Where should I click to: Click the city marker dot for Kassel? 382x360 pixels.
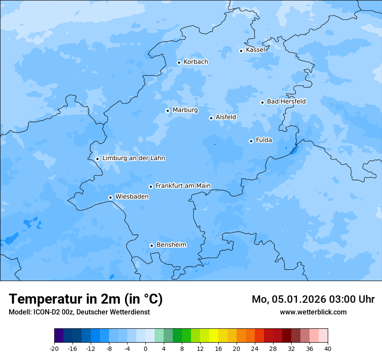coord(241,51)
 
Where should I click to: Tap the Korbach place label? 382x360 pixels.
coord(196,62)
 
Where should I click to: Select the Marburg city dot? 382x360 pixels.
coord(168,111)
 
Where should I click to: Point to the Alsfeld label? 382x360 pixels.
coord(226,117)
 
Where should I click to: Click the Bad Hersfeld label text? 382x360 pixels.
coord(286,101)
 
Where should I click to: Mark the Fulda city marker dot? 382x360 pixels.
coord(251,141)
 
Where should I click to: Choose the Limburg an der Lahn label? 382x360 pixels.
coord(133,158)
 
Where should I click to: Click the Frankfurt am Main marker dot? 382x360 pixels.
coord(151,187)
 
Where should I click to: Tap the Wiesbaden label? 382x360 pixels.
coord(132,197)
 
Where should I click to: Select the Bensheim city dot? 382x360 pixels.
coord(151,245)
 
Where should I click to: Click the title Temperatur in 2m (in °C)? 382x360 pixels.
coord(86,299)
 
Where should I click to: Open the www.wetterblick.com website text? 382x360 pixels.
coord(313,312)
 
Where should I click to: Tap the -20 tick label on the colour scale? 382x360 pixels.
coord(54,349)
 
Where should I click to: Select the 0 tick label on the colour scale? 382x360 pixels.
coord(145,349)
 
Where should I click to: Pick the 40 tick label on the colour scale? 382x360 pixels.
coord(327,349)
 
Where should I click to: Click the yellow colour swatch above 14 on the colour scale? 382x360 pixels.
coord(214,336)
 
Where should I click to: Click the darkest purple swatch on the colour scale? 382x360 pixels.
coord(59,336)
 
